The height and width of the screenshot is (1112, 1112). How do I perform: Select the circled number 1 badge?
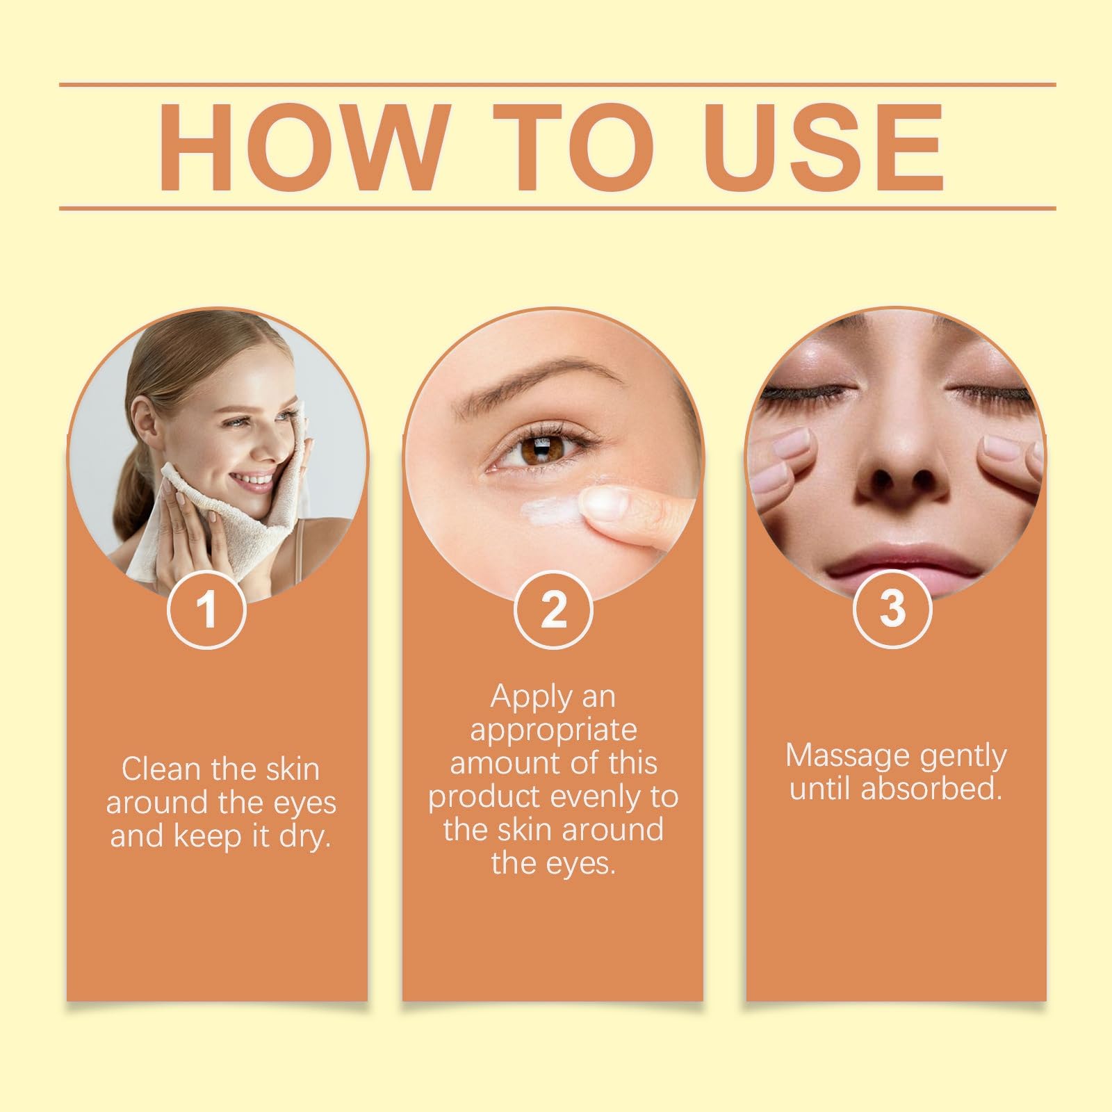click(206, 610)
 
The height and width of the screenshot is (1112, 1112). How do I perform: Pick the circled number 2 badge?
click(553, 610)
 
